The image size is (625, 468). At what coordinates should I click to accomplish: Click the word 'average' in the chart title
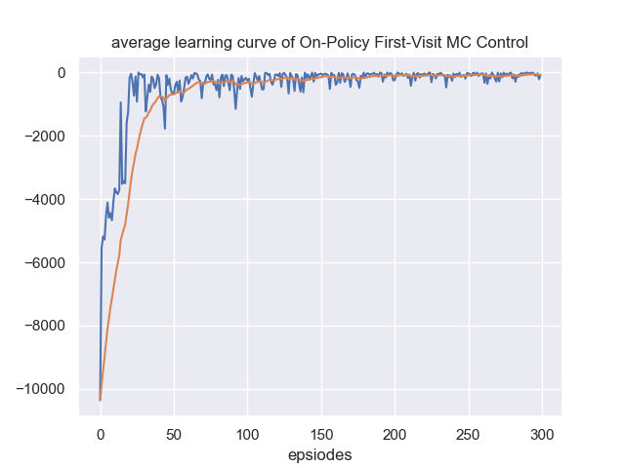[x=139, y=43]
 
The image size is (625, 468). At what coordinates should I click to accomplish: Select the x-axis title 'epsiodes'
[x=320, y=454]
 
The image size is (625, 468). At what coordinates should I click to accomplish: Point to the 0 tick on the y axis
[x=61, y=73]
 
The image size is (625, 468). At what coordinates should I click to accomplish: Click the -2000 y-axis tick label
[x=45, y=136]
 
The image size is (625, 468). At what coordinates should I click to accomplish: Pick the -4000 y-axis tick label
[x=45, y=200]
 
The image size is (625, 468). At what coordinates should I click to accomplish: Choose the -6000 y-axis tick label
[x=45, y=263]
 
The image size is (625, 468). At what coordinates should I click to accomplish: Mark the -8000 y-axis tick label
[x=45, y=327]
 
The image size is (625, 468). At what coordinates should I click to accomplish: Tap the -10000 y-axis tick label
[x=41, y=390]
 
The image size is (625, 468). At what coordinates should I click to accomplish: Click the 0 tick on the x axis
[x=101, y=433]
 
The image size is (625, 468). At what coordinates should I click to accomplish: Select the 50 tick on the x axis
[x=174, y=433]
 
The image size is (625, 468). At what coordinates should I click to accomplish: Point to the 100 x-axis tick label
[x=248, y=433]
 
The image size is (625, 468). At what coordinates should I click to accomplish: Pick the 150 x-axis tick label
[x=321, y=433]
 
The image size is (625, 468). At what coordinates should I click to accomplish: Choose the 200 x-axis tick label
[x=396, y=433]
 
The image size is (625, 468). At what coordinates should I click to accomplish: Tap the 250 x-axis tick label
[x=469, y=433]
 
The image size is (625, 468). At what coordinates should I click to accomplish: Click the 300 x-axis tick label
[x=543, y=433]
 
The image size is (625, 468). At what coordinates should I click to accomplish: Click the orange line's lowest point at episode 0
[x=101, y=400]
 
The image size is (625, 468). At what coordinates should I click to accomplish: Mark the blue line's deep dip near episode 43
[x=164, y=129]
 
